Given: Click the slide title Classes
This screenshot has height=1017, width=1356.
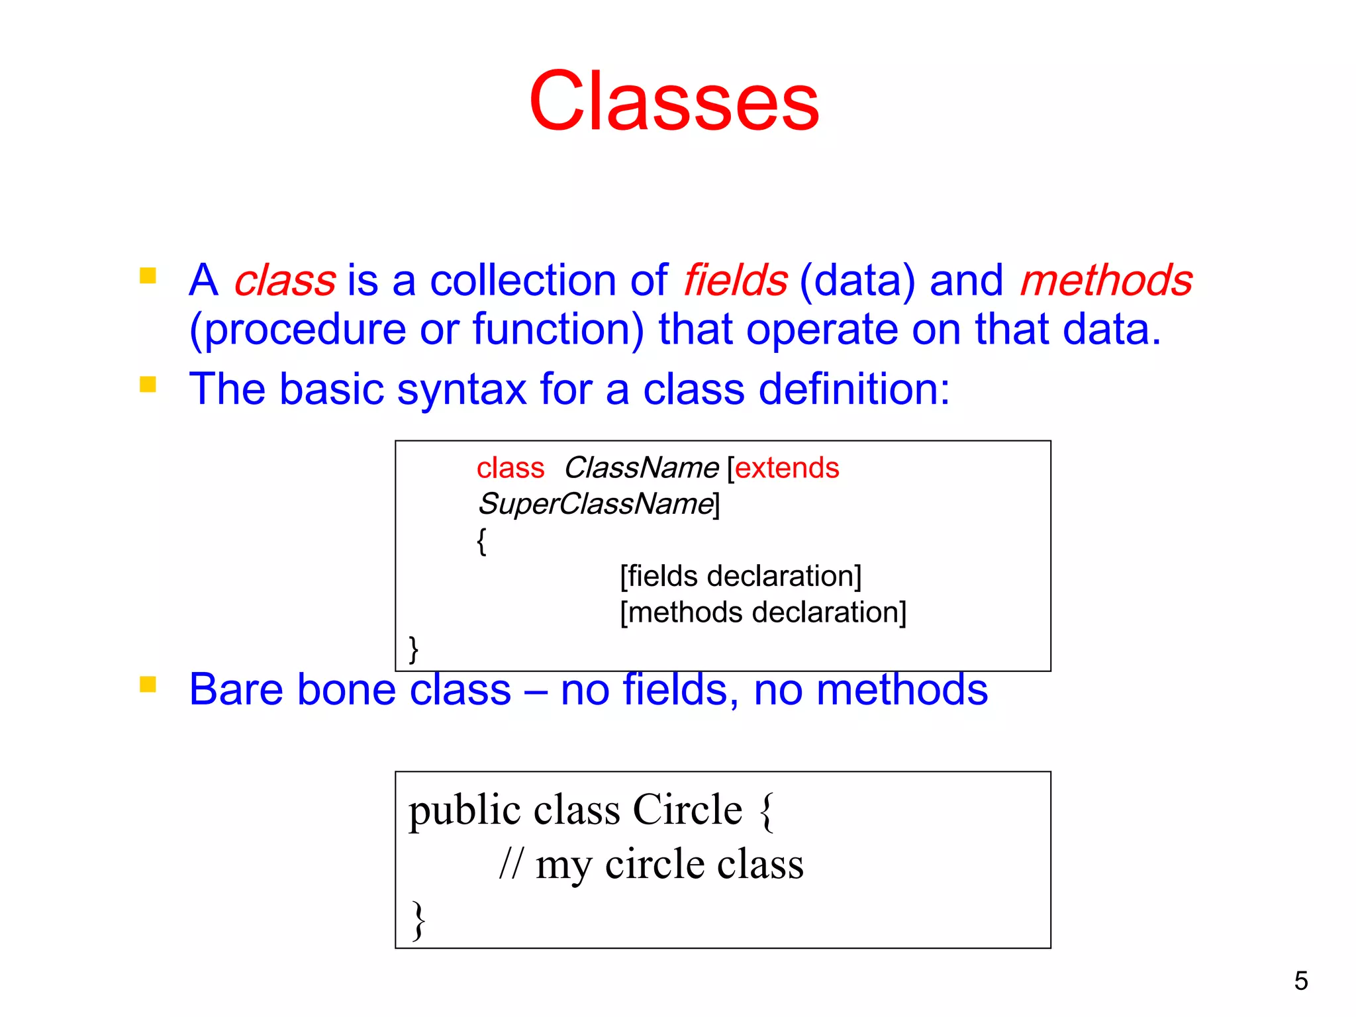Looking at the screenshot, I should [x=673, y=103].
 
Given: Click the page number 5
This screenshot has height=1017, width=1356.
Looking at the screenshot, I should [x=1300, y=981].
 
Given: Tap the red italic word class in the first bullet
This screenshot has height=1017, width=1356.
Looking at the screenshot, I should [x=285, y=280].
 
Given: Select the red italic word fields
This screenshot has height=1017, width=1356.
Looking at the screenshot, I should [x=735, y=280].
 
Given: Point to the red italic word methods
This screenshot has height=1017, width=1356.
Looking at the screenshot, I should [x=1106, y=280].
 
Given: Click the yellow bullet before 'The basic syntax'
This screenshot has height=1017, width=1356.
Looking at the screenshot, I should [x=148, y=385].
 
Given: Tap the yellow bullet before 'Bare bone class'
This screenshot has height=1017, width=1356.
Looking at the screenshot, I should [x=148, y=684].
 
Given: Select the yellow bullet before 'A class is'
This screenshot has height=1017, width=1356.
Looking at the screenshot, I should [x=148, y=275].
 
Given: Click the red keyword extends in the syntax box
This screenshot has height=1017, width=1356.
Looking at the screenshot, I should [x=787, y=468].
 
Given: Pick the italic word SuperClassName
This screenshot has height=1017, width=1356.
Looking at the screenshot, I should [x=596, y=505].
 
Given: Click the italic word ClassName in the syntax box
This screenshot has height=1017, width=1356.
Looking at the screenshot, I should [x=641, y=468].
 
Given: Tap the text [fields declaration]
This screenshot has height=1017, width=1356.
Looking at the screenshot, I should [x=740, y=576].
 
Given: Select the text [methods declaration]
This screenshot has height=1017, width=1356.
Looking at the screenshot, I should [x=763, y=612].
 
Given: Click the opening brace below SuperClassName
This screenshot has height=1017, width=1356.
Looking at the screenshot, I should [x=481, y=542].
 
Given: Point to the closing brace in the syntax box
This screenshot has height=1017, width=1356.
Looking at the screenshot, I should [x=414, y=650].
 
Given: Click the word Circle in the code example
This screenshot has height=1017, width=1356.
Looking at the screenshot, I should [x=687, y=810].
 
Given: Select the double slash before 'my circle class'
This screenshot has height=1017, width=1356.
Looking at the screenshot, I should [x=510, y=864].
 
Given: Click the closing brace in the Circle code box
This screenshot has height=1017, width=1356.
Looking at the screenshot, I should [x=418, y=920].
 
